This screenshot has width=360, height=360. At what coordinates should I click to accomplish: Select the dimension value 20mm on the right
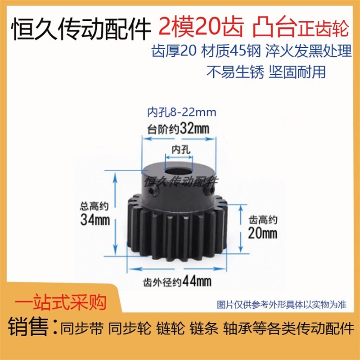coord(263,234)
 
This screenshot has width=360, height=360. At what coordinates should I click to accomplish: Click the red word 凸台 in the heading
coord(272,28)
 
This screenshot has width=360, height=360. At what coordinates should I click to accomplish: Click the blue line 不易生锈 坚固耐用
coord(265,72)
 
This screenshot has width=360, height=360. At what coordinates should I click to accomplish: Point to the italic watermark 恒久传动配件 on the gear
coord(180,181)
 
